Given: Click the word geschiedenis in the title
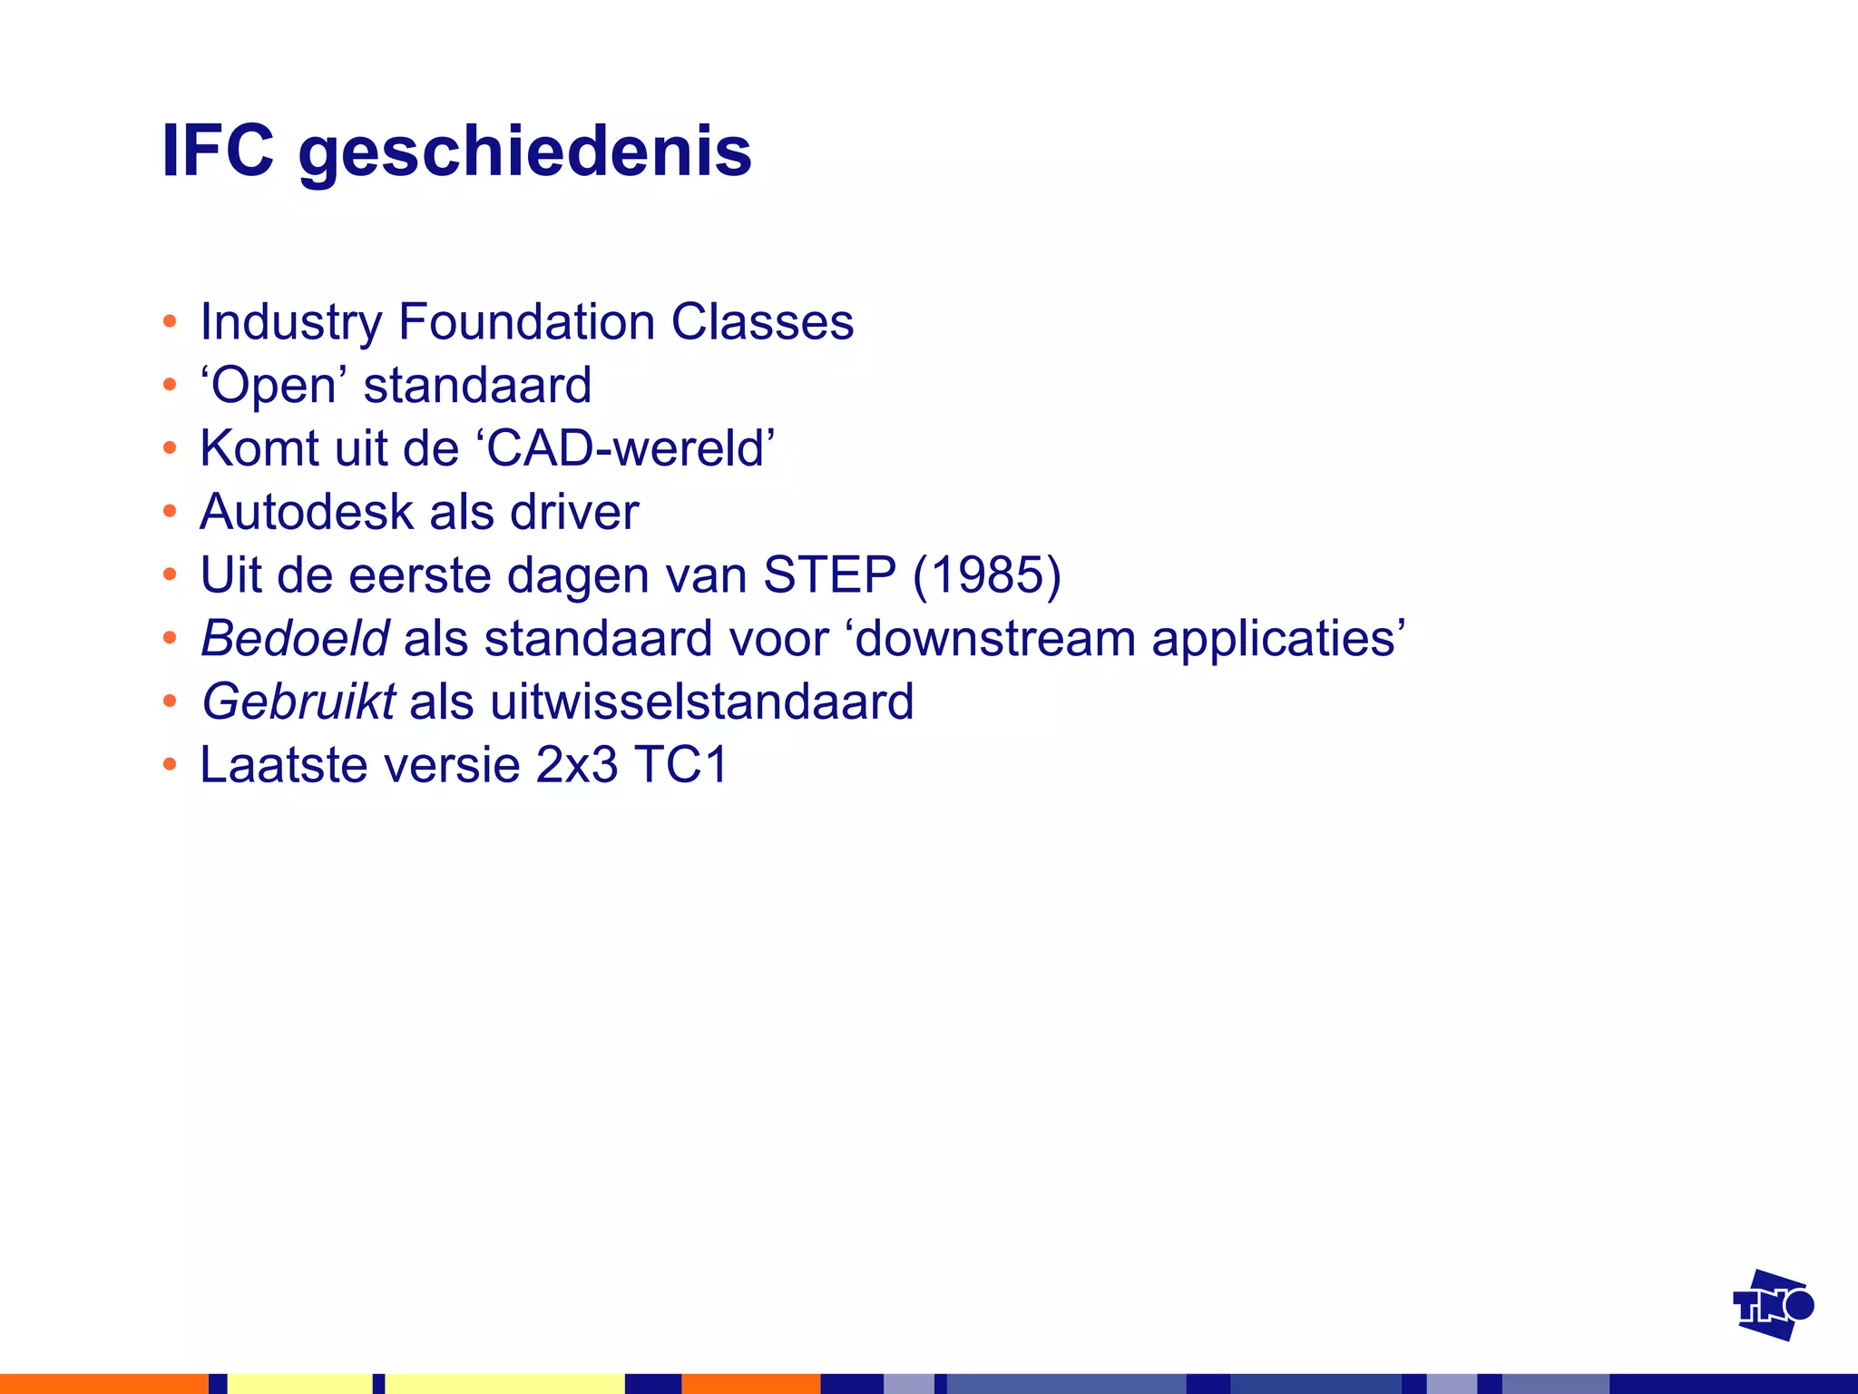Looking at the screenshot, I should click(x=524, y=152).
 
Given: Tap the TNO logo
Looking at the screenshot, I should click(x=1773, y=1305).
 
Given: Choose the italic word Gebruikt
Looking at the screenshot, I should click(x=298, y=702).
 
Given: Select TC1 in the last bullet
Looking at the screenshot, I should click(x=681, y=764).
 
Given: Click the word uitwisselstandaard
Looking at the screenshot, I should click(x=701, y=702).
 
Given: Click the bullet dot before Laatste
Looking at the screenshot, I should click(x=170, y=764).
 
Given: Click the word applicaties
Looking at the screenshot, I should click(x=1273, y=640).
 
